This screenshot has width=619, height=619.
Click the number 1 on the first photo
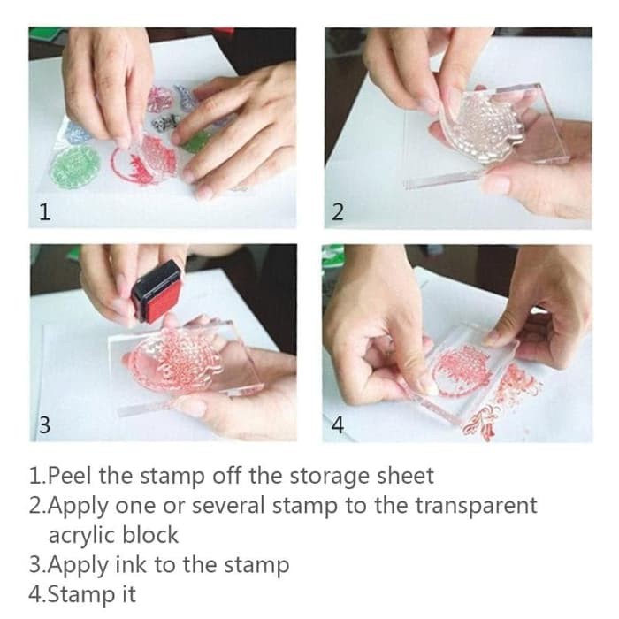click(45, 211)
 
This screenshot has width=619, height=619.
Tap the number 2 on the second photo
click(338, 211)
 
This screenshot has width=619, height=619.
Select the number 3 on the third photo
click(44, 424)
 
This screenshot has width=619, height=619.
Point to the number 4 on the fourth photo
click(337, 424)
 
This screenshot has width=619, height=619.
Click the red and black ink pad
click(156, 292)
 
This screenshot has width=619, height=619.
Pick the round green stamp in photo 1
click(73, 166)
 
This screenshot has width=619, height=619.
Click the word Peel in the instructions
click(69, 476)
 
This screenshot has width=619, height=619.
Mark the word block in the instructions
click(150, 535)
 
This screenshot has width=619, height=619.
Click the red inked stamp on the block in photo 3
click(172, 360)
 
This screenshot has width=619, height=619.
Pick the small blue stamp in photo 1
click(78, 133)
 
